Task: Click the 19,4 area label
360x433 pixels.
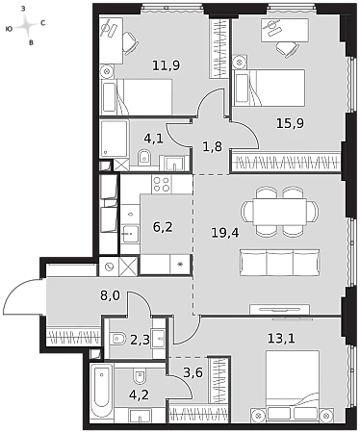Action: click(x=225, y=233)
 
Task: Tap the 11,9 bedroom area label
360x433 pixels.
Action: click(x=166, y=65)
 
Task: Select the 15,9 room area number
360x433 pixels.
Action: click(x=290, y=123)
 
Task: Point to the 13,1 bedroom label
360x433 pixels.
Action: click(x=281, y=338)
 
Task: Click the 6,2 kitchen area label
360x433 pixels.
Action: click(x=163, y=227)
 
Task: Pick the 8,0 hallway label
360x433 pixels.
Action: click(x=110, y=295)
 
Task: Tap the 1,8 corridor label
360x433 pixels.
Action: click(x=212, y=146)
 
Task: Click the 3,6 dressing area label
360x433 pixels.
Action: click(x=193, y=372)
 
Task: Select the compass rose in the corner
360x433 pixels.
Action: click(x=26, y=26)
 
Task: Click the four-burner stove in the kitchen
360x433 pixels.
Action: click(x=162, y=184)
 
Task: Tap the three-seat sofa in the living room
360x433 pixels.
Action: click(x=279, y=263)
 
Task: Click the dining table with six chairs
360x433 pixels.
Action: click(x=279, y=212)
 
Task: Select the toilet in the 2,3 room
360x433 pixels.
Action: click(x=117, y=338)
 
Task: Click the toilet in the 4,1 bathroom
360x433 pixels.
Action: click(x=144, y=158)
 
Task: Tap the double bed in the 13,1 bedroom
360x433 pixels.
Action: click(x=293, y=386)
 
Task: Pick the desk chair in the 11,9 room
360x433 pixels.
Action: click(x=130, y=43)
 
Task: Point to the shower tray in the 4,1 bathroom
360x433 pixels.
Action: click(x=115, y=139)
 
